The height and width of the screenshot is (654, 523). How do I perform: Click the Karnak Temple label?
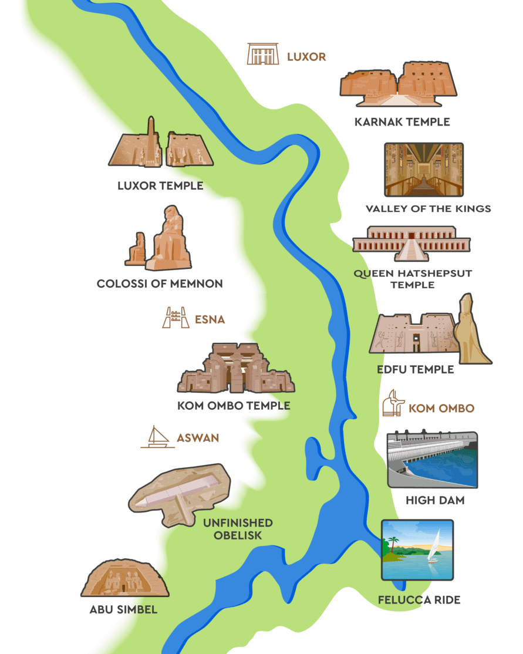[402, 122]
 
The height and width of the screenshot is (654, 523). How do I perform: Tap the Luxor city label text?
[306, 57]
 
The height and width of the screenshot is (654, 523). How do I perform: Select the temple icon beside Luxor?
[262, 54]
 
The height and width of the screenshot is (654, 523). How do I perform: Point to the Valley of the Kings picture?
[424, 169]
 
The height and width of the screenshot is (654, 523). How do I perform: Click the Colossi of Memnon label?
[160, 284]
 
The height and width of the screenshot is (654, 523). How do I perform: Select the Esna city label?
[210, 320]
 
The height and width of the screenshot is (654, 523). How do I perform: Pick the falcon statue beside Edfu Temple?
[470, 332]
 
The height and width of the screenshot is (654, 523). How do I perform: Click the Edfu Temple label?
[416, 369]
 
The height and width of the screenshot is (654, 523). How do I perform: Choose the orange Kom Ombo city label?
[441, 408]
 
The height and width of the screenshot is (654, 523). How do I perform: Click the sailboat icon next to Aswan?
[157, 437]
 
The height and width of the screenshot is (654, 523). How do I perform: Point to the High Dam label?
[435, 501]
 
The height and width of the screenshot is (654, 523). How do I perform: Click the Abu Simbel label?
[123, 609]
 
